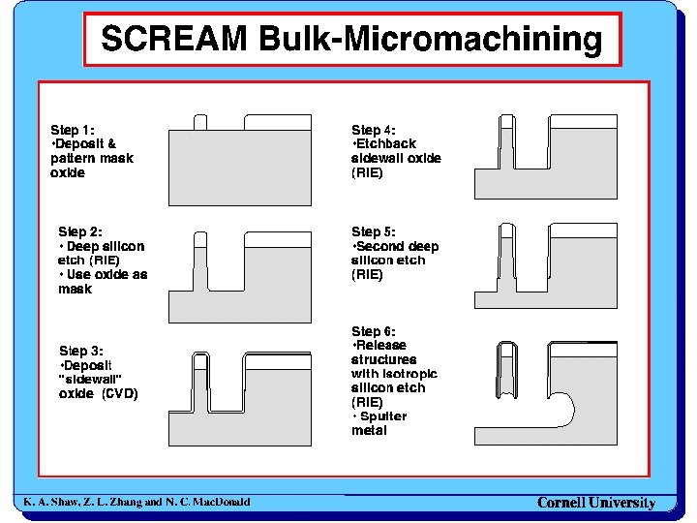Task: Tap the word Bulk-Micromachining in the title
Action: [431, 41]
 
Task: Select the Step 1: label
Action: [72, 129]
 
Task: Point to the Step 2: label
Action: [79, 231]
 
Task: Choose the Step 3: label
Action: [80, 351]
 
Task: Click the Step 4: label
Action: [373, 130]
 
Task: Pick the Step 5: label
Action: [373, 231]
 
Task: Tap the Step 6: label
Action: [373, 331]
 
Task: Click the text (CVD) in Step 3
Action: [119, 394]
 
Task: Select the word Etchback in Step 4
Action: [386, 144]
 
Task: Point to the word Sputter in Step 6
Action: [383, 416]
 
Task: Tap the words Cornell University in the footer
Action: [596, 503]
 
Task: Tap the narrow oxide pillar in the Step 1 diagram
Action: [200, 122]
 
